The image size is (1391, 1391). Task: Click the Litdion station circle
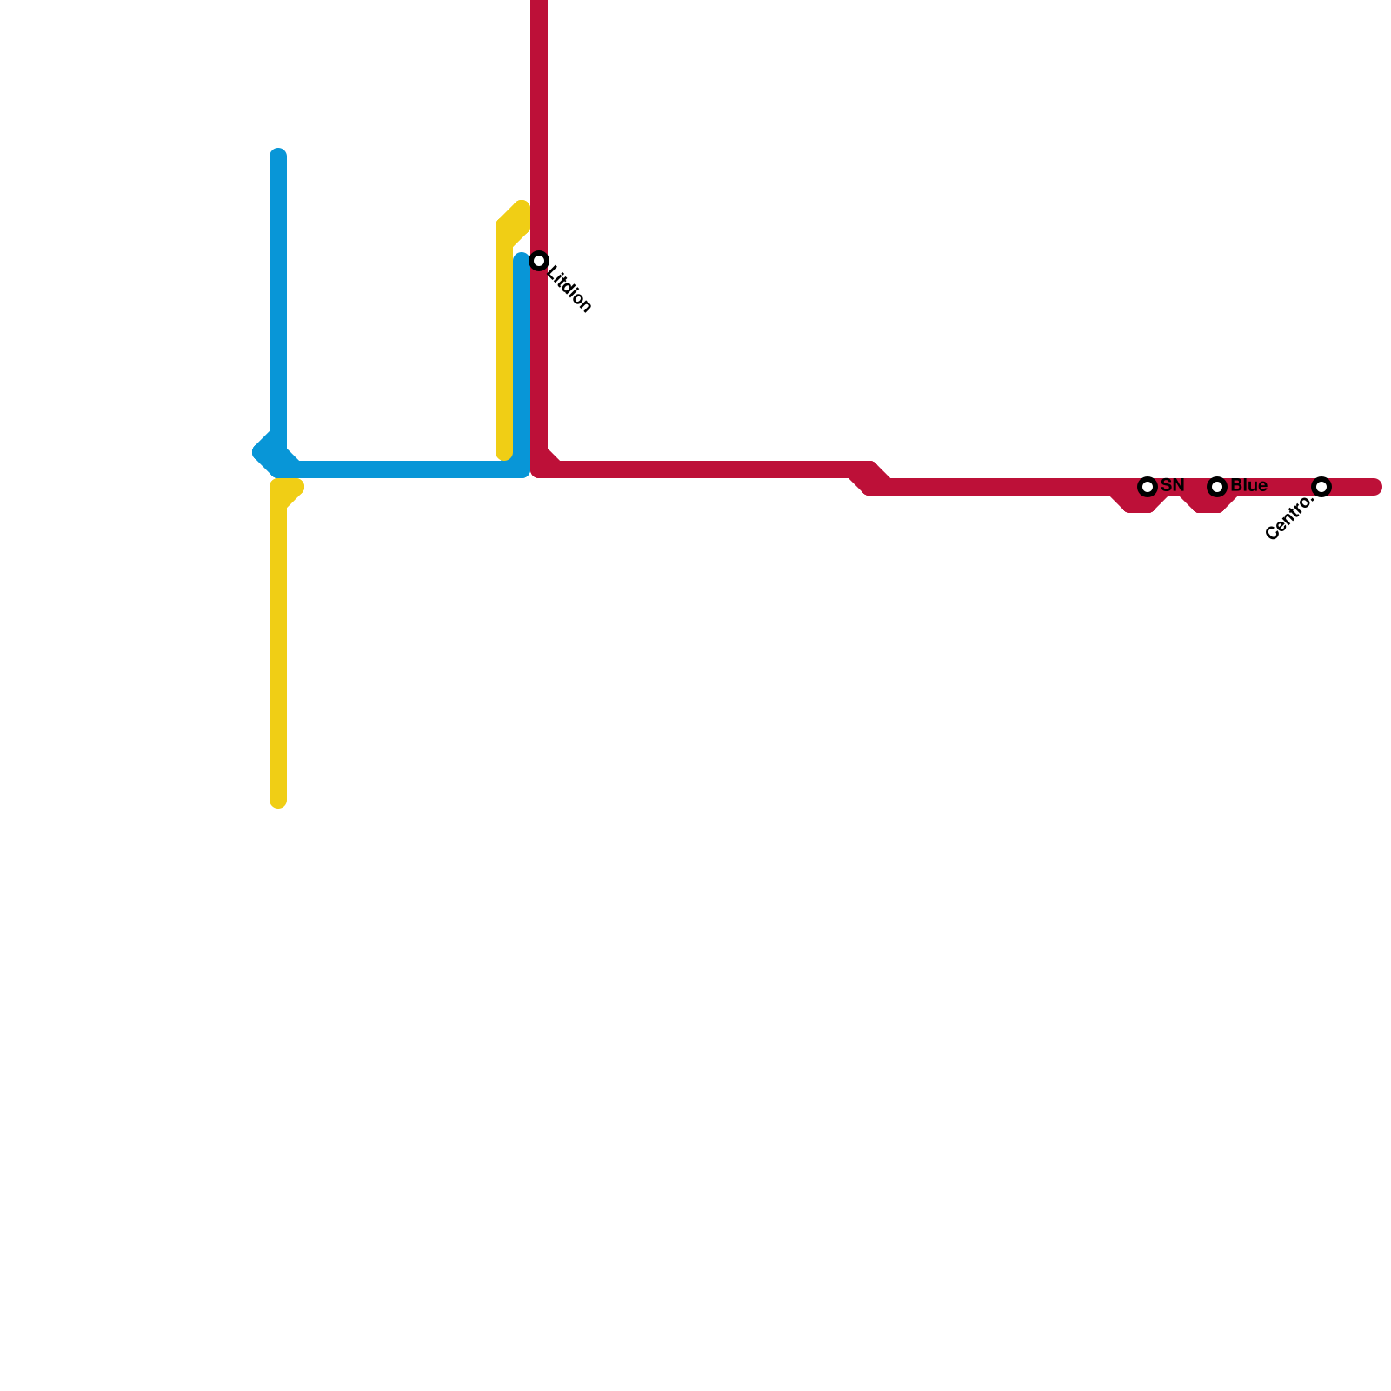coord(539,261)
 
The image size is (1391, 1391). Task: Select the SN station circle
coord(1148,487)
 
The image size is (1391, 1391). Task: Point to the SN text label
coord(1173,485)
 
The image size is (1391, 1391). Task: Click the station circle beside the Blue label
coord(1217,487)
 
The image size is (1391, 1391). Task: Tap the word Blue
coord(1249,485)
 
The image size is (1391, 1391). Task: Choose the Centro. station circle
coord(1321,487)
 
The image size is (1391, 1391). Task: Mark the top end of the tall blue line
coord(278,156)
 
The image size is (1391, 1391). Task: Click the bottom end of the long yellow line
coord(278,800)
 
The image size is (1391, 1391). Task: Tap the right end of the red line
coord(1375,487)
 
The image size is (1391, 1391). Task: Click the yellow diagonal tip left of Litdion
coord(520,210)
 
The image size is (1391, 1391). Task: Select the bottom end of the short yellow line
coord(504,452)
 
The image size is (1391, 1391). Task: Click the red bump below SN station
coord(1139,504)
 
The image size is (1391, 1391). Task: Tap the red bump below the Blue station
coord(1208,504)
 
